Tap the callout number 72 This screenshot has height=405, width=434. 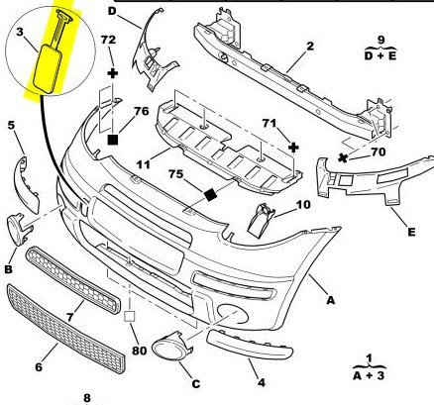coord(108,40)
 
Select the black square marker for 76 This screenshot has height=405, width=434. coord(113,140)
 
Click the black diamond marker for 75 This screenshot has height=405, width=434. coord(210,194)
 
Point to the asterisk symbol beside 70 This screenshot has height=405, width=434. coord(343,158)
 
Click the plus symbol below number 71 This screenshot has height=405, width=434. coord(293,148)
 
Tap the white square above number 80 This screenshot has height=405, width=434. coord(130,317)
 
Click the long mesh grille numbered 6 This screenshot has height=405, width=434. coord(66,329)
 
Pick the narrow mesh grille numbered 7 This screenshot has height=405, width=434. coord(73,280)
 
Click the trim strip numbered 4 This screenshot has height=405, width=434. coord(250,345)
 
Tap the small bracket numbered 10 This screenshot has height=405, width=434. coord(261,220)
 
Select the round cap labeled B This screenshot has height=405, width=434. coord(18,229)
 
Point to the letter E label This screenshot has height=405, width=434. coord(411,232)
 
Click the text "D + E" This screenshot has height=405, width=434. coord(380,55)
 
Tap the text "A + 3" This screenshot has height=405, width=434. coord(369,375)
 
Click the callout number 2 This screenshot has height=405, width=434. coord(310,46)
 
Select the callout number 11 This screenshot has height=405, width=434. coord(144,163)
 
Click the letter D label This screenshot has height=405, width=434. coord(112,11)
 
